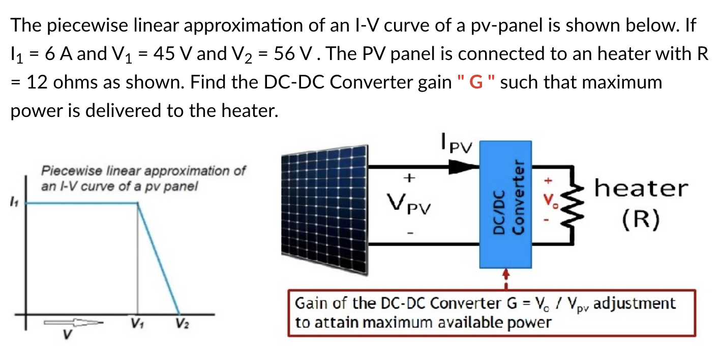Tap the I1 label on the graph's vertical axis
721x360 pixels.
14,203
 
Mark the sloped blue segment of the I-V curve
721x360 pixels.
158,258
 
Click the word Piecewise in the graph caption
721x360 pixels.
67,170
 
